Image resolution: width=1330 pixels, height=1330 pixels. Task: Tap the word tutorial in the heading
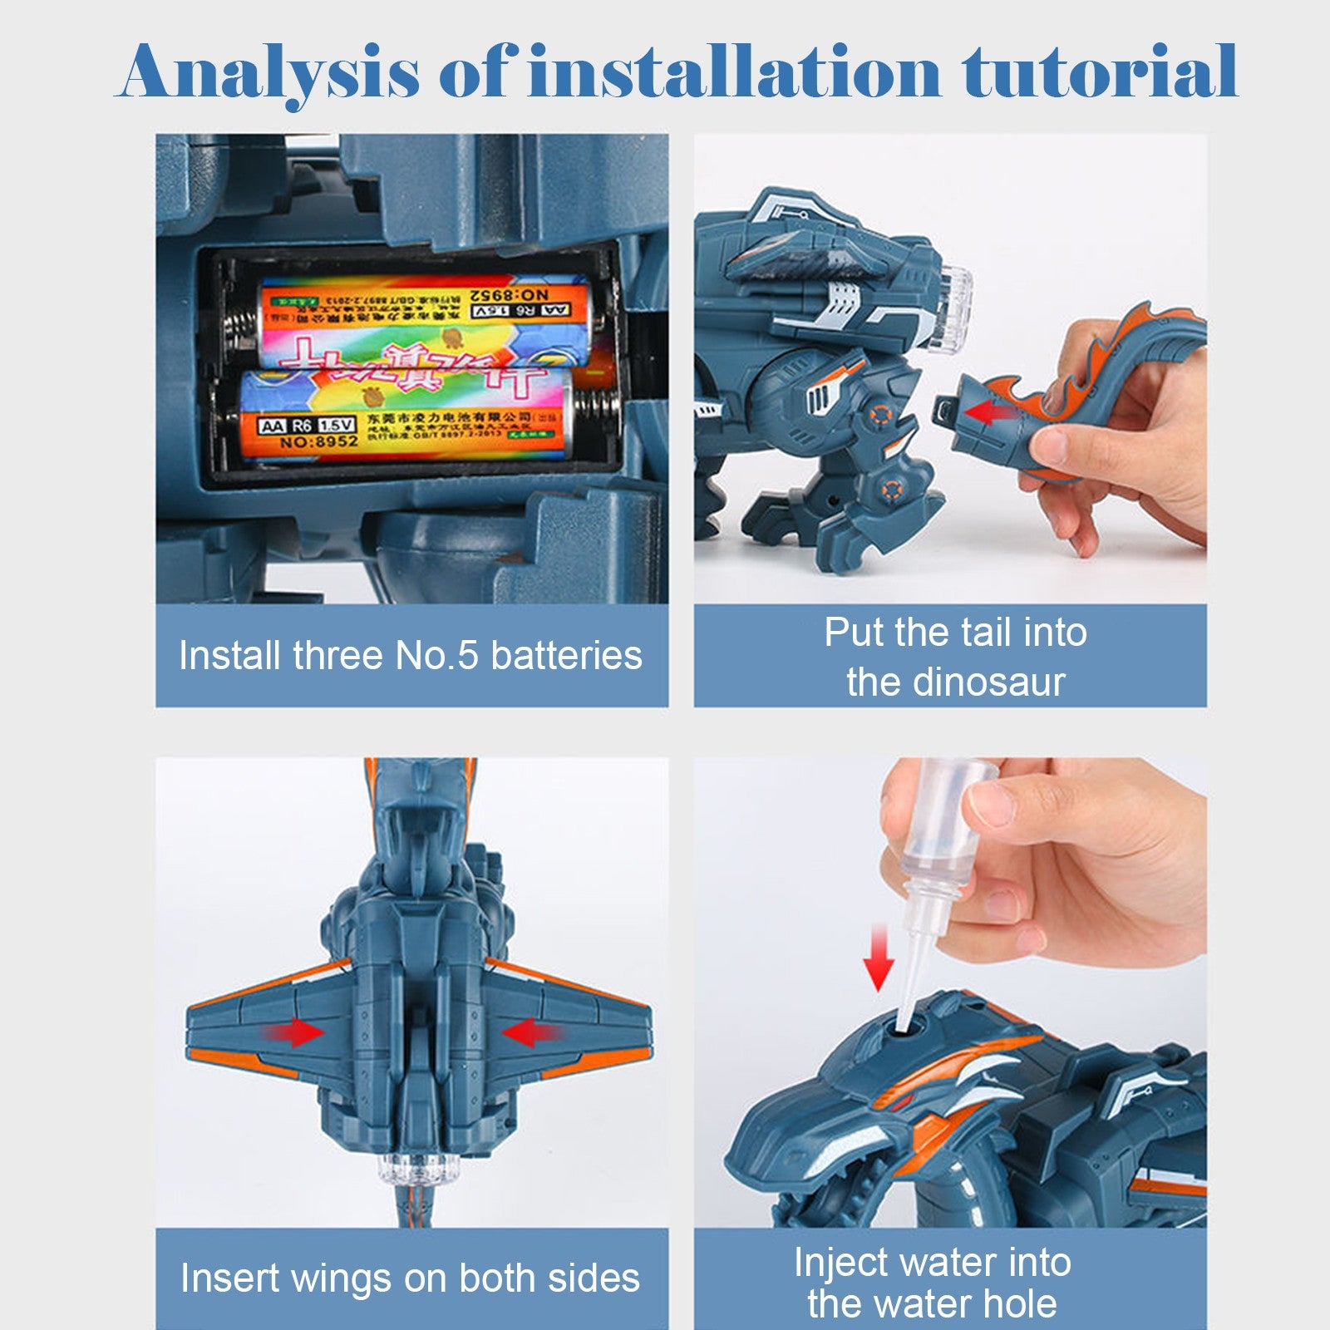[1101, 71]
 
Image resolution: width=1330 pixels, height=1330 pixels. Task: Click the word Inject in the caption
[843, 1263]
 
